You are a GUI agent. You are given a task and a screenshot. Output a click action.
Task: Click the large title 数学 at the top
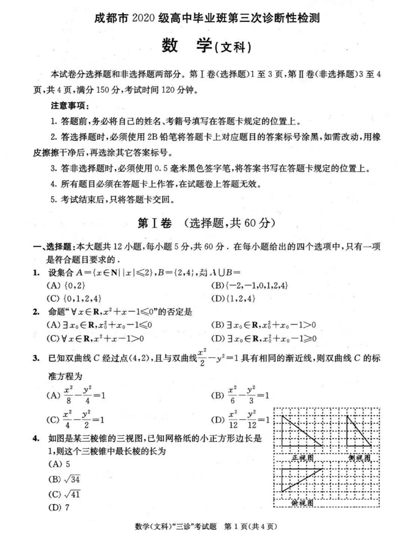(x=187, y=46)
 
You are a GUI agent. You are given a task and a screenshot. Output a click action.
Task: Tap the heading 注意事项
(x=70, y=106)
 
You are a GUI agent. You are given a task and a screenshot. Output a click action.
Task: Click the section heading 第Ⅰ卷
(x=154, y=223)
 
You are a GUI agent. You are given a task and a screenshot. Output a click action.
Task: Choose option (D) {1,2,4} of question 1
(x=233, y=298)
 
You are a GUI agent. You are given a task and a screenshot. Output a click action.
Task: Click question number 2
(x=36, y=312)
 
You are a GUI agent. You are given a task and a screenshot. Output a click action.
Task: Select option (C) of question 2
(x=95, y=339)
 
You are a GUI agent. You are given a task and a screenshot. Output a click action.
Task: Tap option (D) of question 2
(x=264, y=339)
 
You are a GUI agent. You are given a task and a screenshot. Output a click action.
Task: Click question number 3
(x=36, y=358)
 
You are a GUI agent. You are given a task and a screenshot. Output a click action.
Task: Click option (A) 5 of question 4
(x=59, y=464)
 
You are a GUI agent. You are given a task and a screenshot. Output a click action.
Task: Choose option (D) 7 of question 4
(x=59, y=508)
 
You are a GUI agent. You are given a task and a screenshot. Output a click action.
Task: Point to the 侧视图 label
(x=359, y=458)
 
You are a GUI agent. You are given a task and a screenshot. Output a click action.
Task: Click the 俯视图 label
(x=302, y=503)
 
